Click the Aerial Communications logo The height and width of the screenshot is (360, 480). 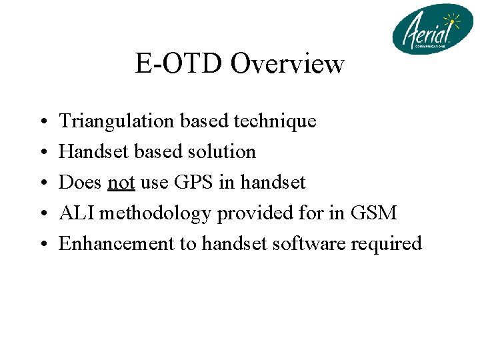[x=432, y=29]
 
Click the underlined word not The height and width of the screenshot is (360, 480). [x=121, y=182]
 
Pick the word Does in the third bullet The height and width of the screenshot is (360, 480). [x=80, y=182]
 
